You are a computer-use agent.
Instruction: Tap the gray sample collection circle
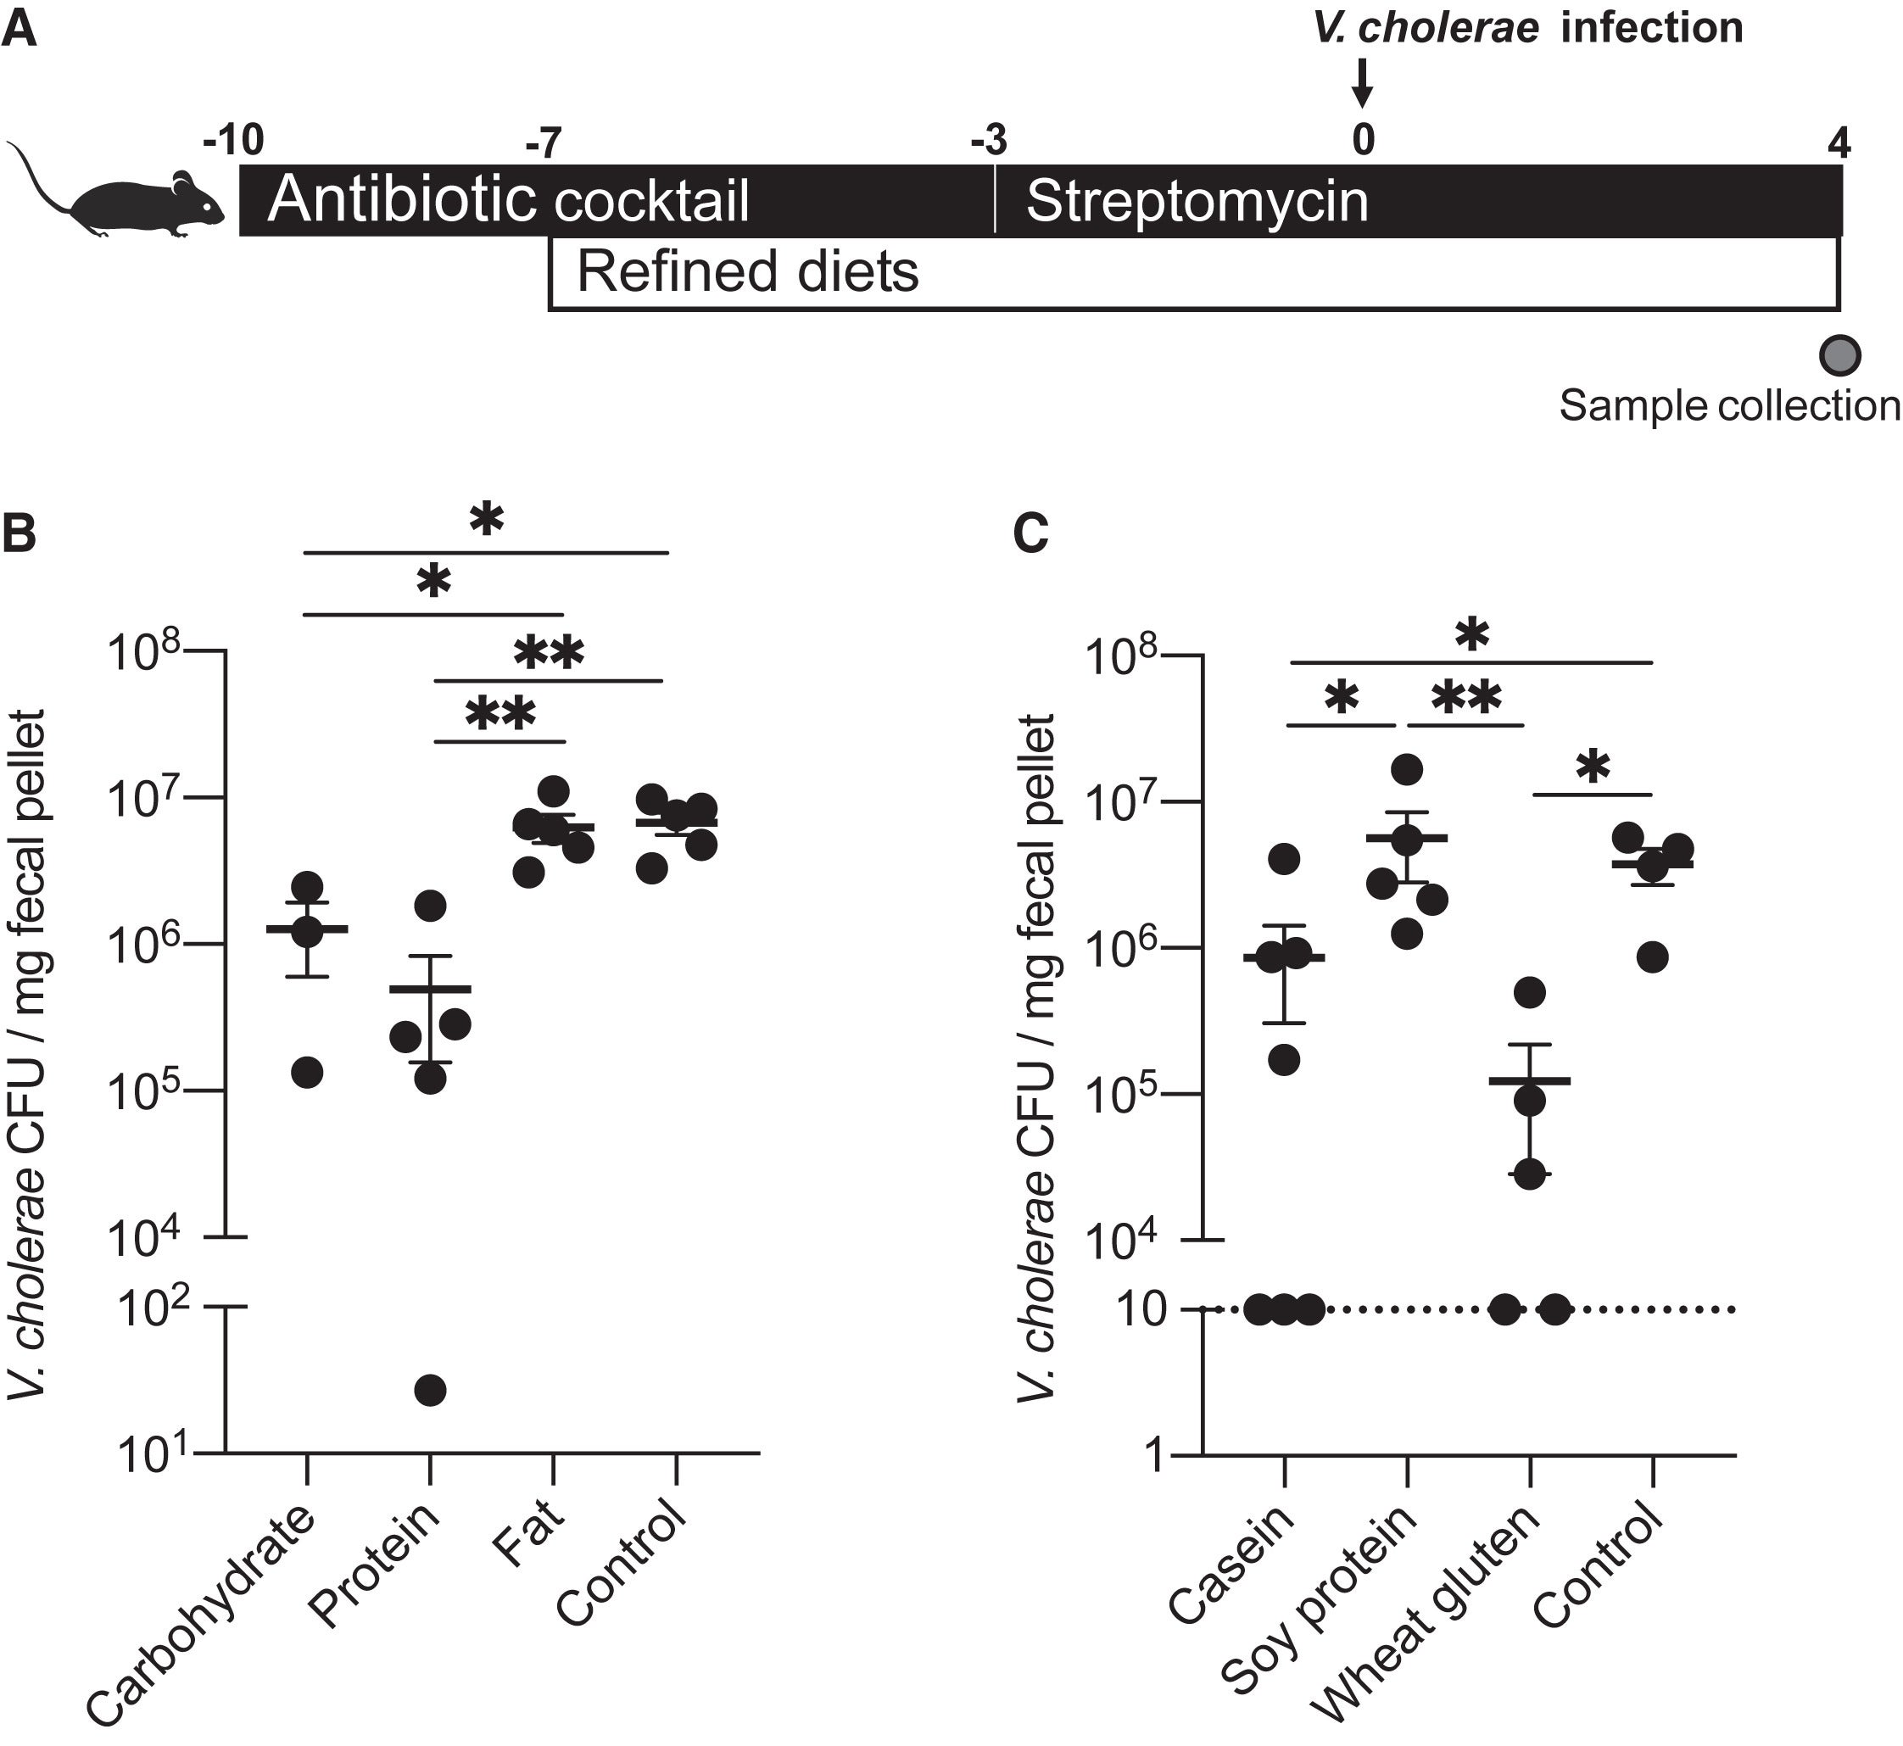(x=1839, y=355)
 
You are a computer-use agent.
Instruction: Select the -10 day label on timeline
(x=233, y=141)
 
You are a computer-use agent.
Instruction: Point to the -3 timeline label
(x=990, y=142)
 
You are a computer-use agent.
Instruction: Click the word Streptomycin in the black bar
(x=1197, y=202)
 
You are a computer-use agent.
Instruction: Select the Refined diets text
(x=746, y=272)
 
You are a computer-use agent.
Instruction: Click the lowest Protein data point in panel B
(x=430, y=1390)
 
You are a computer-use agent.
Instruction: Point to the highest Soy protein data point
(x=1407, y=769)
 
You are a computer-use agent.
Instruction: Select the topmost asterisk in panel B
(x=487, y=519)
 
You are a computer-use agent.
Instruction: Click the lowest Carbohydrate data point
(x=306, y=1073)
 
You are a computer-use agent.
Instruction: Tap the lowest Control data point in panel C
(x=1653, y=957)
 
